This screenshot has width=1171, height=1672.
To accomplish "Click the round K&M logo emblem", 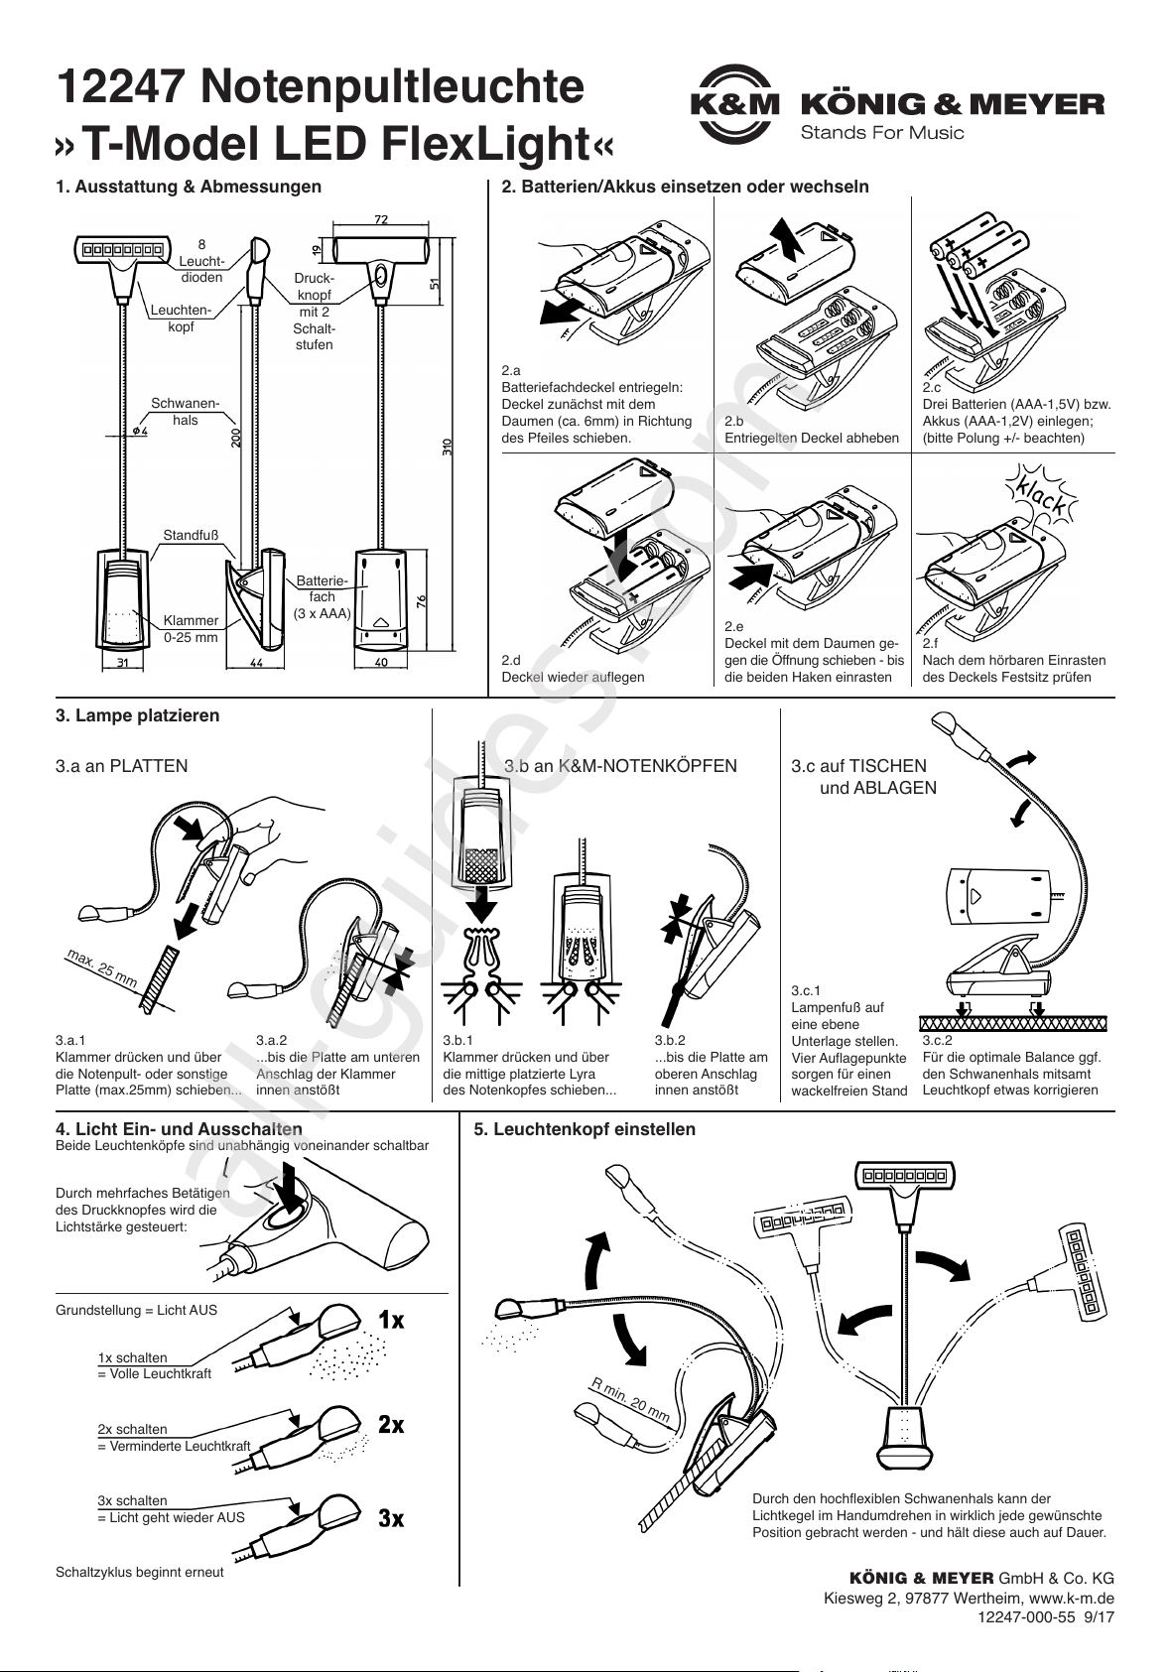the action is pyautogui.click(x=734, y=104).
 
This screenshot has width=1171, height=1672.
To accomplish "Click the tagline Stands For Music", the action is pyautogui.click(x=882, y=134).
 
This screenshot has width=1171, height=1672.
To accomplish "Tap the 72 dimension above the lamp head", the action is pyautogui.click(x=381, y=219).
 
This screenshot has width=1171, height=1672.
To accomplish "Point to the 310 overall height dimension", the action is pyautogui.click(x=447, y=448).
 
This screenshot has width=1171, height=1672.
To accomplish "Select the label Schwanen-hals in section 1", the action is pyautogui.click(x=186, y=412).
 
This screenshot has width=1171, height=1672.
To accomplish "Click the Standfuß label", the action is pyautogui.click(x=192, y=535).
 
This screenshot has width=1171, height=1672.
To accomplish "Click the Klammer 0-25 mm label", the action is pyautogui.click(x=192, y=628).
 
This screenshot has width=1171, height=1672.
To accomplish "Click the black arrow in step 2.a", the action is pyautogui.click(x=566, y=309).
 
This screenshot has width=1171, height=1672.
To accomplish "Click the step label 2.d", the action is pyautogui.click(x=511, y=660).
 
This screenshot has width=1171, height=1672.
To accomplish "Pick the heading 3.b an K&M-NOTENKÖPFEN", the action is pyautogui.click(x=620, y=766).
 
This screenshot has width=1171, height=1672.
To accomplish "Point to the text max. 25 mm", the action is pyautogui.click(x=102, y=967).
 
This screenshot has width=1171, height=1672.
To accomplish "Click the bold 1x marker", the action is pyautogui.click(x=391, y=1320).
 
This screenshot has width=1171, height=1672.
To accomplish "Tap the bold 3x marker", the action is pyautogui.click(x=391, y=1518).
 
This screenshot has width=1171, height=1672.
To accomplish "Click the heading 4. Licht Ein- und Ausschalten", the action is pyautogui.click(x=179, y=1128).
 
